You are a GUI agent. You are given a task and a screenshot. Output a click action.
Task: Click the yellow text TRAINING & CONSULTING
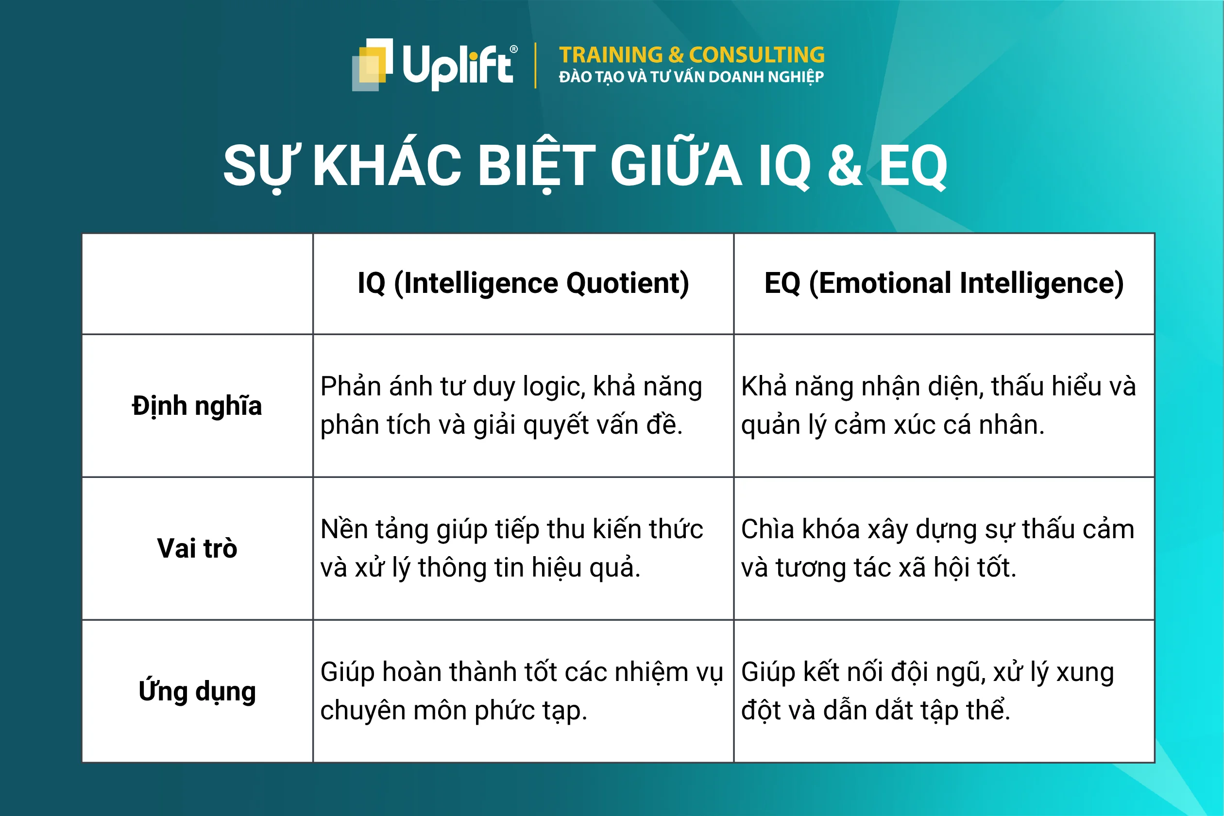pyautogui.click(x=692, y=54)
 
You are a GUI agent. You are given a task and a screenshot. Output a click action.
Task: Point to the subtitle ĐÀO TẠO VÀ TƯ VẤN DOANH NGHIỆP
pyautogui.click(x=691, y=77)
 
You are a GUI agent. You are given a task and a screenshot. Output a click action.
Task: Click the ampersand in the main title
pyautogui.click(x=845, y=166)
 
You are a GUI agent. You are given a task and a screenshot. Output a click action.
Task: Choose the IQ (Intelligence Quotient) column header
pyautogui.click(x=523, y=284)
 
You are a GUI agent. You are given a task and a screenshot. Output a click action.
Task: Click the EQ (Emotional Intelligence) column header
pyautogui.click(x=943, y=284)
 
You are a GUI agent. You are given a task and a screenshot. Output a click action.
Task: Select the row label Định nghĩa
pyautogui.click(x=197, y=406)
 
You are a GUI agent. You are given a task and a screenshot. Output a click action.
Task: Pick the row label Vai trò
pyautogui.click(x=197, y=548)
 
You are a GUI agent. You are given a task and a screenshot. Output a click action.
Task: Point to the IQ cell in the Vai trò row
pyautogui.click(x=523, y=548)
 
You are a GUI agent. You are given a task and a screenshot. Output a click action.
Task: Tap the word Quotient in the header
pyautogui.click(x=627, y=284)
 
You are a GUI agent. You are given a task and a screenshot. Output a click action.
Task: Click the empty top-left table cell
pyautogui.click(x=197, y=284)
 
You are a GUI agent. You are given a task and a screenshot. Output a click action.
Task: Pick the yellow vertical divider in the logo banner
pyautogui.click(x=535, y=66)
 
